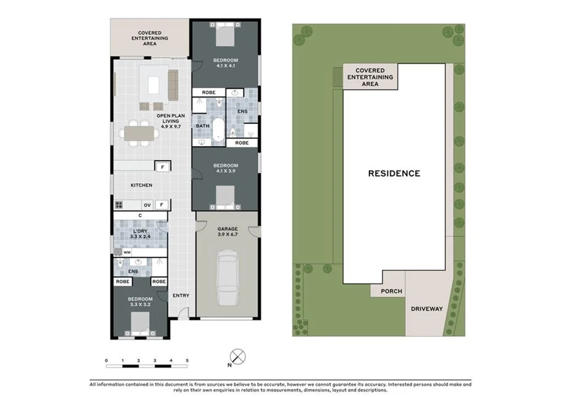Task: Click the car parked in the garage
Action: [x=227, y=277]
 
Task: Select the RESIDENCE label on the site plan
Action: [x=394, y=173]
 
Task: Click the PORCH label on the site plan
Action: [x=391, y=291]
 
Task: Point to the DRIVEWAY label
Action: [x=427, y=309]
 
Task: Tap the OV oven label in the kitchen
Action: [x=147, y=205]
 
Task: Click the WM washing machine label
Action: [x=127, y=252]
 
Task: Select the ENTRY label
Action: [x=181, y=296]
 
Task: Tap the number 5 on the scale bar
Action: [x=187, y=360]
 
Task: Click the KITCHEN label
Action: [x=141, y=185]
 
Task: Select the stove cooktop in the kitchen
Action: [x=119, y=205]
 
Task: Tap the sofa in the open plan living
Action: [x=173, y=84]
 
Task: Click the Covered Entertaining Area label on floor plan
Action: [x=150, y=38]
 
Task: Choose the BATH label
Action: [x=203, y=126]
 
